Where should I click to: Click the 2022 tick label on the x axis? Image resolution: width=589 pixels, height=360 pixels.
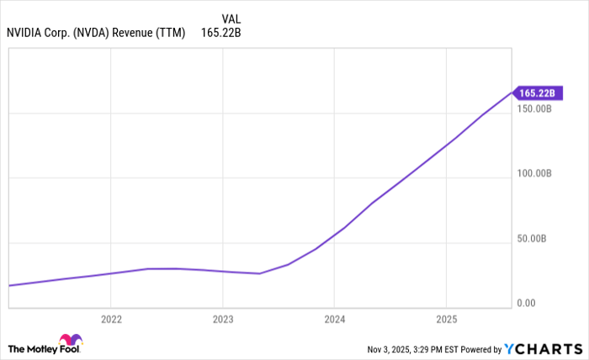[x=111, y=320]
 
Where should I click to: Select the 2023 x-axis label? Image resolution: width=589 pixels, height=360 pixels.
[x=222, y=320]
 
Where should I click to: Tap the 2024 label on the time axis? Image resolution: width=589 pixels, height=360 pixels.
[x=334, y=320]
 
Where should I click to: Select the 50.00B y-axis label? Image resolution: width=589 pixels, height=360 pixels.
[x=536, y=239]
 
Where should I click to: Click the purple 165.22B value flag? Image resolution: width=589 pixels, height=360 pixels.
[x=535, y=93]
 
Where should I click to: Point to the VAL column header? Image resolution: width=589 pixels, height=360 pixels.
[x=232, y=19]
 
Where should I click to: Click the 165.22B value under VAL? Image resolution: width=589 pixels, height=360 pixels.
[x=220, y=34]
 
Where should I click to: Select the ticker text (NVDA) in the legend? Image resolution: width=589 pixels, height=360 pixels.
[x=103, y=34]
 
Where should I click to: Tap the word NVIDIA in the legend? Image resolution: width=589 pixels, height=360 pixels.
[x=27, y=34]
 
